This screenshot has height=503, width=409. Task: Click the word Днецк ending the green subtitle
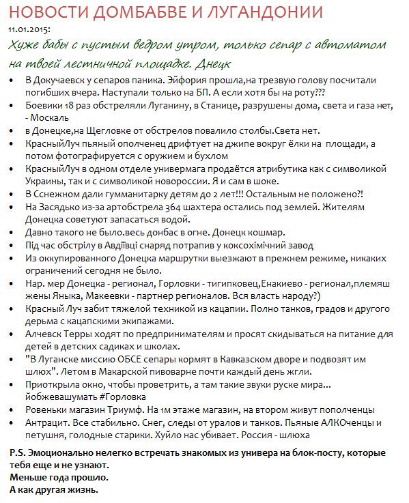[x=212, y=63]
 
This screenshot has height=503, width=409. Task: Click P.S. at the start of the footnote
[x=18, y=453]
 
